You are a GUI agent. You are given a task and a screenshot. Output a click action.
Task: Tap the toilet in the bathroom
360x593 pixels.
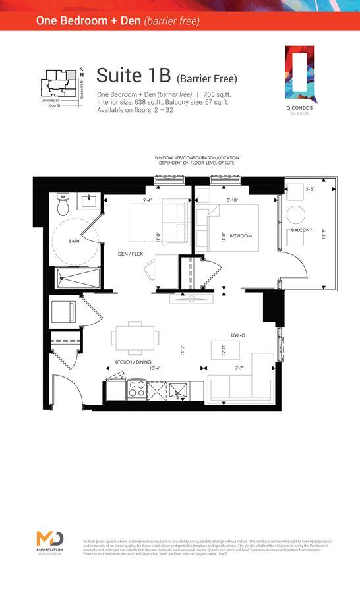pos(63,206)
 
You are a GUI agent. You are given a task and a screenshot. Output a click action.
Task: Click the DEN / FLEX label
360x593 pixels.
pos(130,254)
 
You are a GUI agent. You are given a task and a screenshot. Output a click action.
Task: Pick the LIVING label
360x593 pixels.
pos(238,335)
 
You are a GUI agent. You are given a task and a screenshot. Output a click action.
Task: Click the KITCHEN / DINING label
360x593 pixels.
pos(125,370)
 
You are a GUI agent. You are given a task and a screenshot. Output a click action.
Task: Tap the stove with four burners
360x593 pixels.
pos(136,390)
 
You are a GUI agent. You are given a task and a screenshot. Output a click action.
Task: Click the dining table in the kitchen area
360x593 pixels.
pos(135,338)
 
